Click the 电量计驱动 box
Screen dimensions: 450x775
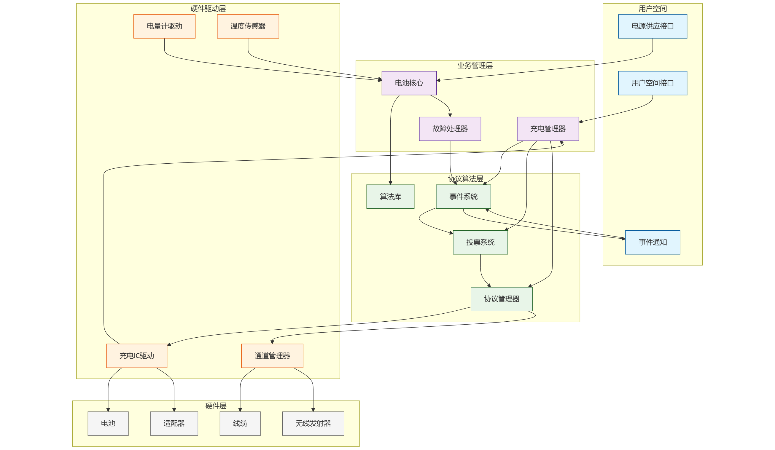pos(164,26)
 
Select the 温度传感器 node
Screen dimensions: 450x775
pos(248,26)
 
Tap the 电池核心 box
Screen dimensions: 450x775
pos(409,83)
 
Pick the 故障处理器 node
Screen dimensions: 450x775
pos(450,129)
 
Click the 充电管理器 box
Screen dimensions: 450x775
pos(548,129)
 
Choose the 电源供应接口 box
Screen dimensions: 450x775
pos(652,26)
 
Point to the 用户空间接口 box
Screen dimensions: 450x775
pos(652,83)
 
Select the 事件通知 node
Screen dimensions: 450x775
pos(652,242)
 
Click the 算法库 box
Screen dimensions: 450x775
pos(390,197)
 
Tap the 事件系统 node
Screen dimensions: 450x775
pos(463,197)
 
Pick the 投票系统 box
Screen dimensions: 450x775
pos(480,242)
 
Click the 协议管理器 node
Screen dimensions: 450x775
pos(501,299)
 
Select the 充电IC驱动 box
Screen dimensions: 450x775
pos(136,356)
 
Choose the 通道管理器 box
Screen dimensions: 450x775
pos(272,356)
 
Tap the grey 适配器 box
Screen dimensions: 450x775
pos(174,423)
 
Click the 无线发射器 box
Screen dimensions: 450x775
pos(313,423)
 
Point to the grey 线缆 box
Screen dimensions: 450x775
pos(240,423)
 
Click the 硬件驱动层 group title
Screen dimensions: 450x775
pos(208,9)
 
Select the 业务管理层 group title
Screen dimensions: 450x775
pos(475,66)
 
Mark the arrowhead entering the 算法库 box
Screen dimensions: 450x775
pos(390,183)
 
